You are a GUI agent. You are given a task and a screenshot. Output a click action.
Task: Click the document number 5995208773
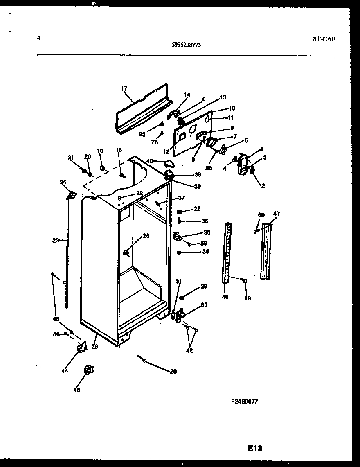[x=187, y=46]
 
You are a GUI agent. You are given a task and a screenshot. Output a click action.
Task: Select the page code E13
[x=254, y=449]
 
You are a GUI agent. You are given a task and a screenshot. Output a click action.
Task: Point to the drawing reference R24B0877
[x=245, y=402]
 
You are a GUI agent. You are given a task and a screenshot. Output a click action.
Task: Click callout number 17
[x=124, y=88]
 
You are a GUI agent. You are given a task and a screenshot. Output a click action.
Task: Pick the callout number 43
[x=76, y=390]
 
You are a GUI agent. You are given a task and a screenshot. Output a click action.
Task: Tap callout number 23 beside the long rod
[x=56, y=241]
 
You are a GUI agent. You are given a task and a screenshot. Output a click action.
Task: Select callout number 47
[x=277, y=214]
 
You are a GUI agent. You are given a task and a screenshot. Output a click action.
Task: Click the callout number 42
[x=189, y=350]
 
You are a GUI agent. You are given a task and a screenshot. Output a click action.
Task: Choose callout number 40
[x=150, y=161]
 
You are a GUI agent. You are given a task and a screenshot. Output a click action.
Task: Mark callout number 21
[x=71, y=157]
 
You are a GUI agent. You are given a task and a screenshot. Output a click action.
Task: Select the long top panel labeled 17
[x=141, y=110]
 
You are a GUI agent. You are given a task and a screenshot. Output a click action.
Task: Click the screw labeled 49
[x=245, y=280]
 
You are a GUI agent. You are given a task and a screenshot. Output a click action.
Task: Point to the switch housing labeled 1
[x=243, y=164]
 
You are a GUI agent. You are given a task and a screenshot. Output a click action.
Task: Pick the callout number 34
[x=205, y=252]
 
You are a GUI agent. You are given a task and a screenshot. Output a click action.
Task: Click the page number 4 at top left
[x=38, y=38]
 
